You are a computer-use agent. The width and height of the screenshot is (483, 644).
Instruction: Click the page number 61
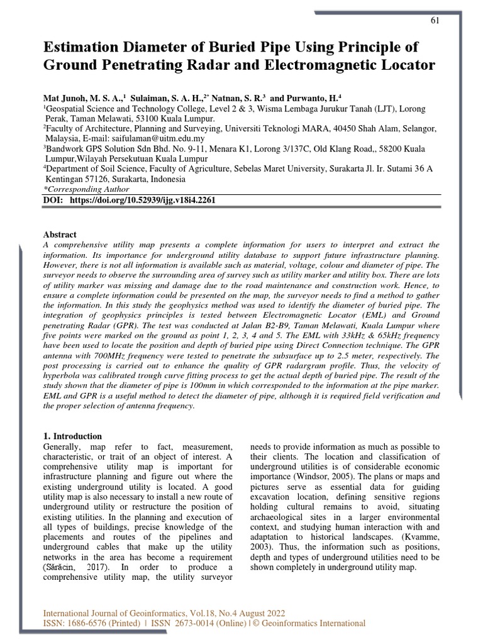(x=435, y=20)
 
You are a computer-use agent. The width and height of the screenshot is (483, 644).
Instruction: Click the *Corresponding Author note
(x=86, y=189)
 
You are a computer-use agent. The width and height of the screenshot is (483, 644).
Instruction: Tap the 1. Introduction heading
(x=72, y=436)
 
